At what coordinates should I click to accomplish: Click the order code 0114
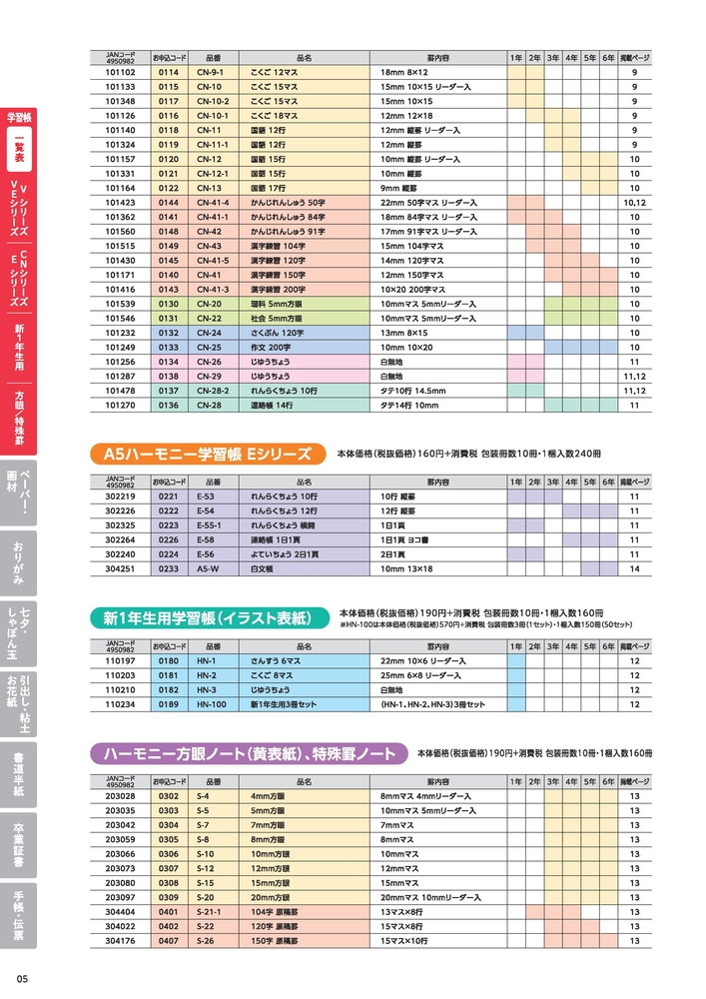pyautogui.click(x=168, y=73)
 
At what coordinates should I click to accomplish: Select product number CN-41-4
pyautogui.click(x=213, y=202)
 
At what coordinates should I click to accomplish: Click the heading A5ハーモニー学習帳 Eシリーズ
pyautogui.click(x=208, y=454)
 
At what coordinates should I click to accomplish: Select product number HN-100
pyautogui.click(x=212, y=704)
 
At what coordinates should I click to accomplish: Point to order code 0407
pyautogui.click(x=168, y=941)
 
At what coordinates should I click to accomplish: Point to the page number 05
pyautogui.click(x=22, y=978)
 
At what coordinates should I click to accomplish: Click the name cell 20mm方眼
pyautogui.click(x=271, y=898)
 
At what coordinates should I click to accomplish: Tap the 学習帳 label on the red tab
pyautogui.click(x=18, y=117)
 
